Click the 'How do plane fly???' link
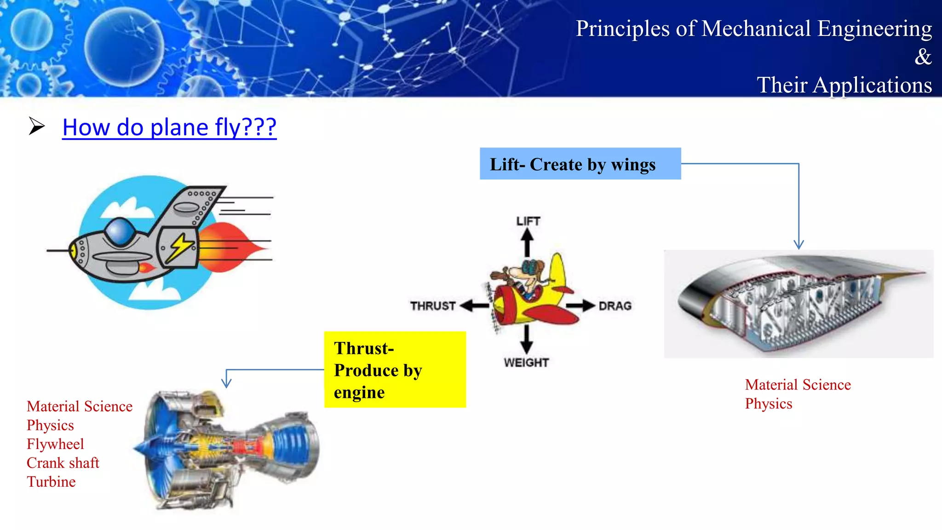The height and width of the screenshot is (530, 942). (x=169, y=127)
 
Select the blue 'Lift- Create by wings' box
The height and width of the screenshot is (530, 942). (x=580, y=164)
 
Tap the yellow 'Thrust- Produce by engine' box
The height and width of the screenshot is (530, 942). (x=395, y=369)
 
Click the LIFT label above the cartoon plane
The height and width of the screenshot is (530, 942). (x=528, y=221)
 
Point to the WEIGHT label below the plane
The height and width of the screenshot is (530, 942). (x=526, y=363)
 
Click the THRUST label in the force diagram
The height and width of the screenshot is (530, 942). (x=432, y=306)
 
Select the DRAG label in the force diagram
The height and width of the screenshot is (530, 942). (x=615, y=306)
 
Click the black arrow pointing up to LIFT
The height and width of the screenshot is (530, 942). (x=527, y=242)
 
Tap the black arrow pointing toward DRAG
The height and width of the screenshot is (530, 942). (x=580, y=305)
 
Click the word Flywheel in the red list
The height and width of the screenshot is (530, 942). (x=55, y=444)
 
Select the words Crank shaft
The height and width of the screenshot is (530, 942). (x=63, y=463)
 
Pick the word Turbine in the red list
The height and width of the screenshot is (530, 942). (x=51, y=482)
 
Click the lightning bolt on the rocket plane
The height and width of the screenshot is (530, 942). (x=180, y=247)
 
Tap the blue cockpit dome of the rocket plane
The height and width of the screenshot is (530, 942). (x=120, y=231)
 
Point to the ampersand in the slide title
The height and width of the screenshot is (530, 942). (x=923, y=57)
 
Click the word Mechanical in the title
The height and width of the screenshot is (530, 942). (x=756, y=29)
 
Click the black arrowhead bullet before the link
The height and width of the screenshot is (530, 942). (x=36, y=126)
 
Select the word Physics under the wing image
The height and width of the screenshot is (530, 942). (x=769, y=403)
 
